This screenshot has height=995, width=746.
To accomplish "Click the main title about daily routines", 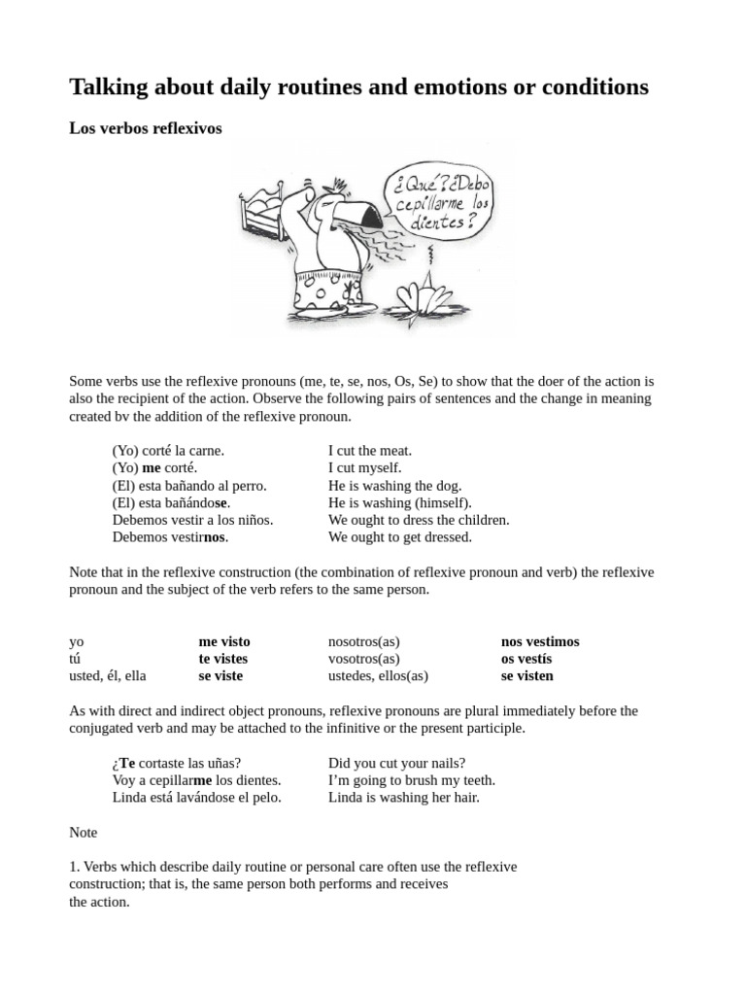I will coord(358,87).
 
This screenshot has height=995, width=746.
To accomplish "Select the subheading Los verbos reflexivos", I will coord(146,129).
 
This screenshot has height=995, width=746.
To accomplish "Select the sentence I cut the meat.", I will coord(370,451).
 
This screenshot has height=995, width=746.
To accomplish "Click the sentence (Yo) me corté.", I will coord(154,468).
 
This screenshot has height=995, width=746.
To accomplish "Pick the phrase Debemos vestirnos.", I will coord(170,537).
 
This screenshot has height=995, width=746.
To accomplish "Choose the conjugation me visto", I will coord(224,642).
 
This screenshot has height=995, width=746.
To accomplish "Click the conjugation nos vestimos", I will coord(540,642).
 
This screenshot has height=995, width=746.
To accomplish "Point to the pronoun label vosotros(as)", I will coord(365,659).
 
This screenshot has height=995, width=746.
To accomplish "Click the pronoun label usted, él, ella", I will coord(108,676).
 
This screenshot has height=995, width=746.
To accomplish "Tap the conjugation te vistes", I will coord(223,659).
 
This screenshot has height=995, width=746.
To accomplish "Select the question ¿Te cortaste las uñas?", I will coord(177,764).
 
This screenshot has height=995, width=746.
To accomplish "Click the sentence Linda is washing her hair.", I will coord(404,798).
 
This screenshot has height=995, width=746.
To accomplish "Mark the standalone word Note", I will coord(84,833).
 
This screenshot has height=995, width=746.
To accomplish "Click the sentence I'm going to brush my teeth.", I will coord(412,780).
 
